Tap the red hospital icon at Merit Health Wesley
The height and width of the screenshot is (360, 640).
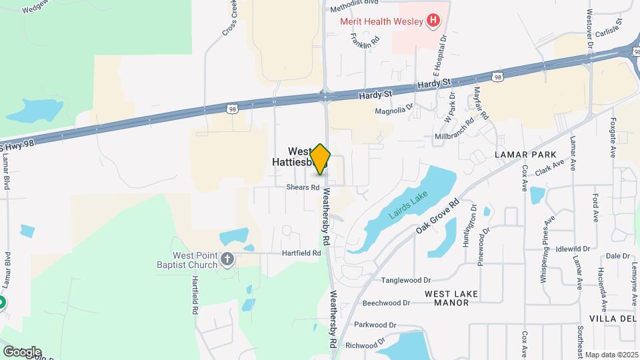coord(433,21)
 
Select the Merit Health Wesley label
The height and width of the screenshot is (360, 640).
coord(381,21)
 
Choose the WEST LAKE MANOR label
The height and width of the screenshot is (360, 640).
coord(447,297)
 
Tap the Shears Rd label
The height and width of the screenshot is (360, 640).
coord(303,187)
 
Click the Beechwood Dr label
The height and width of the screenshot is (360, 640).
coord(386,303)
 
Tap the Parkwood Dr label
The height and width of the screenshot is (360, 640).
coord(375,325)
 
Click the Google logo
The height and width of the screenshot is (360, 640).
coord(22,352)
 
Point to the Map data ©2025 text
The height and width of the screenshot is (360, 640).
coord(611,355)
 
